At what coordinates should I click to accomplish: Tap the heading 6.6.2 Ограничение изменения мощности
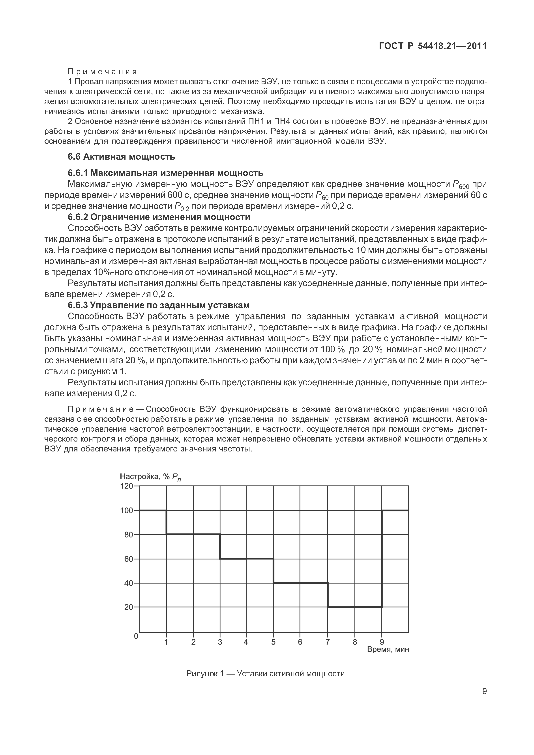(x=159, y=217)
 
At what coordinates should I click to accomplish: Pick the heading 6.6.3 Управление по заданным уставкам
(x=159, y=305)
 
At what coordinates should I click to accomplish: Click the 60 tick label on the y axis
(x=128, y=559)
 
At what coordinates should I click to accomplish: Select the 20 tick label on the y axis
(x=128, y=607)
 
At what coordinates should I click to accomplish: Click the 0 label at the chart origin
(x=136, y=636)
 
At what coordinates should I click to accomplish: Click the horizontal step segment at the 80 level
(x=193, y=534)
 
